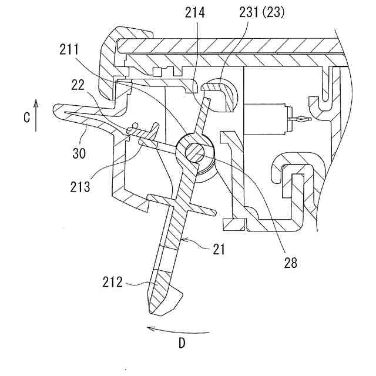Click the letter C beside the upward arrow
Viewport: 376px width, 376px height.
[x=27, y=117]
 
